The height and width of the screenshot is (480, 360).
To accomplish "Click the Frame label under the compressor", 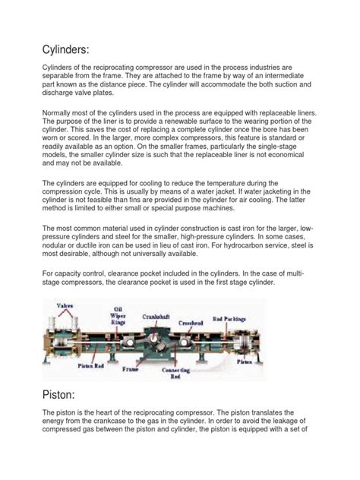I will [x=134, y=371].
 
